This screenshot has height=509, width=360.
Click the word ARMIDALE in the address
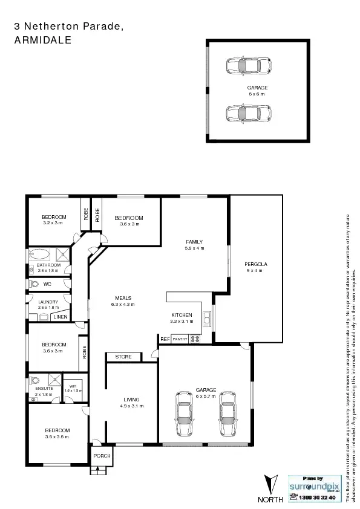pyautogui.click(x=42, y=41)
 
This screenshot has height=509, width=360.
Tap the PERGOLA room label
pyautogui.click(x=256, y=264)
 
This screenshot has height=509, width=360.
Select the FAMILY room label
pyautogui.click(x=194, y=242)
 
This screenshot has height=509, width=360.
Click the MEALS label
pyautogui.click(x=123, y=297)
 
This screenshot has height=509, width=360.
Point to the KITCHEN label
pyautogui.click(x=182, y=315)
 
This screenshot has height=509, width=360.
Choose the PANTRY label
pyautogui.click(x=180, y=339)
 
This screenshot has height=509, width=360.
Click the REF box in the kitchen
pyautogui.click(x=165, y=339)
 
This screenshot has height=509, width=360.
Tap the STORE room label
pyautogui.click(x=123, y=357)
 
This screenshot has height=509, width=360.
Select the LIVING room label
pyautogui.click(x=131, y=400)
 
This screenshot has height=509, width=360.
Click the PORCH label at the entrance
pyautogui.click(x=102, y=455)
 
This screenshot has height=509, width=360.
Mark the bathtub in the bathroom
pyautogui.click(x=42, y=254)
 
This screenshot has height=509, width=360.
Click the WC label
pyautogui.click(x=47, y=284)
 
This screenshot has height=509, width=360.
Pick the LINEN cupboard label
pyautogui.click(x=61, y=316)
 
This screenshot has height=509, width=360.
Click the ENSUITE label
pyautogui.click(x=44, y=388)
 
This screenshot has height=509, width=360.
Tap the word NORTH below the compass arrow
pyautogui.click(x=270, y=499)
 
